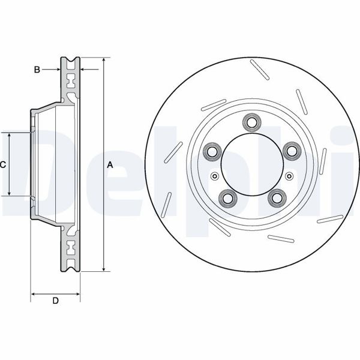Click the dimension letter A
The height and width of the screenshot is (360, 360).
click(110, 164)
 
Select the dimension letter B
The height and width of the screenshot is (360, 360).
click(37, 70)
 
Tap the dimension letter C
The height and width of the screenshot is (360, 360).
click(3, 164)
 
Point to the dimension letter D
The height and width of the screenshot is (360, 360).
click(55, 301)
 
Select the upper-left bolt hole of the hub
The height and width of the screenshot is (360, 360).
click(211, 151)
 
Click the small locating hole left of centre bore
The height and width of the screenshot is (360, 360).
click(214, 176)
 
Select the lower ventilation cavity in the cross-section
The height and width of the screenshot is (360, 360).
click(71, 248)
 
